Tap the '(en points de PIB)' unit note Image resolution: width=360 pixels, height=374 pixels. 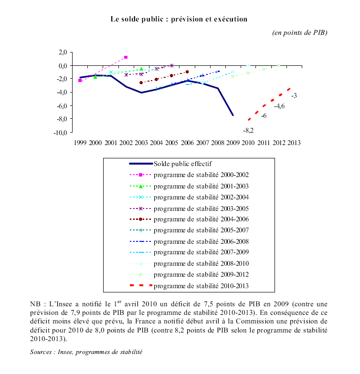[x=299, y=32]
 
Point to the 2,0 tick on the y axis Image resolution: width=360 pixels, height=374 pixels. [x=62, y=52]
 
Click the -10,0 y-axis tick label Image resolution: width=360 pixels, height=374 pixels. [x=60, y=133]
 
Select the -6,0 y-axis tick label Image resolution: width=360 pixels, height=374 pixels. [x=62, y=105]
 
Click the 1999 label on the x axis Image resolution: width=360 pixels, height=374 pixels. [x=80, y=142]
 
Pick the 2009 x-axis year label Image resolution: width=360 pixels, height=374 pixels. [x=233, y=142]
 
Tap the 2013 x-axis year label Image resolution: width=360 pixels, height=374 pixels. [x=293, y=142]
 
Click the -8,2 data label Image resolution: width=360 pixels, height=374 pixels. [x=248, y=130]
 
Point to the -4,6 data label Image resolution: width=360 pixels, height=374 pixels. [x=279, y=106]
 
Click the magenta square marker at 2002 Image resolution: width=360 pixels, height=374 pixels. [x=126, y=57]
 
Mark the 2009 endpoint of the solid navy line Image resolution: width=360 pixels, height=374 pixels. [x=233, y=115]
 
